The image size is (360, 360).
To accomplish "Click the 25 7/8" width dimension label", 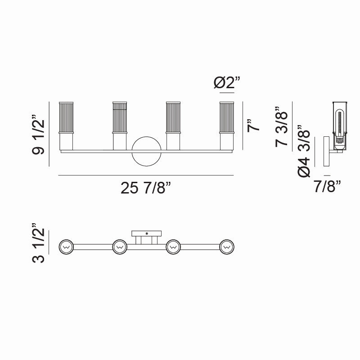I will click(x=146, y=189).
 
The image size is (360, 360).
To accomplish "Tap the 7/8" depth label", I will click(x=327, y=185).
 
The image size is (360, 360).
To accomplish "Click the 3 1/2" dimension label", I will click(x=39, y=246).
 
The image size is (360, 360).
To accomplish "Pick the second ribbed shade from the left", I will click(x=119, y=118).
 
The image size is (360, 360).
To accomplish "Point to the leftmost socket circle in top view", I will click(x=66, y=247).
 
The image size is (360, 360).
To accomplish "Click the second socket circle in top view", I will click(x=119, y=247).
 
